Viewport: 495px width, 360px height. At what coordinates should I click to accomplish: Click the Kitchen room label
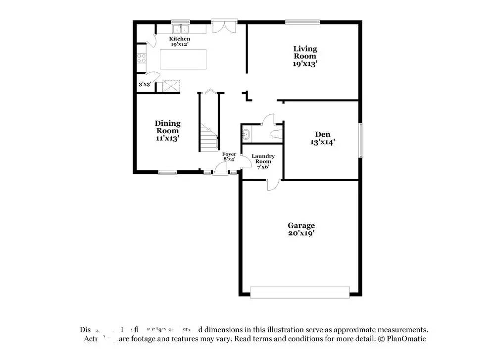[179, 42]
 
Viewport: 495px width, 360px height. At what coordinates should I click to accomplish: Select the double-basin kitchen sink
[181, 28]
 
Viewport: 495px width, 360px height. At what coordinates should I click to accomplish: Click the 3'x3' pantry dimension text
[145, 85]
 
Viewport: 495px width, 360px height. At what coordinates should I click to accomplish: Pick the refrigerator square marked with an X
[171, 87]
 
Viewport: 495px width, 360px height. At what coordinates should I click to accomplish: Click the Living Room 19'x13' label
[305, 56]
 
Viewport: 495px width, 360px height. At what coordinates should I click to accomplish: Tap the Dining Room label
[167, 131]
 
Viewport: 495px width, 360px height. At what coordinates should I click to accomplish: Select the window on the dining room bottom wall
[167, 172]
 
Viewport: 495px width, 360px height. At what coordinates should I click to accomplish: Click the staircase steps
[209, 139]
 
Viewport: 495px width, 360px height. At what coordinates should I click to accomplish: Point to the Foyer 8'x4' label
[229, 157]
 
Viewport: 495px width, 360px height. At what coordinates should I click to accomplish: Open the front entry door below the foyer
[219, 171]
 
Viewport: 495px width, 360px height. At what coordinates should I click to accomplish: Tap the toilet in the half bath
[276, 133]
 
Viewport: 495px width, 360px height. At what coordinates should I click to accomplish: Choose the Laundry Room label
[262, 161]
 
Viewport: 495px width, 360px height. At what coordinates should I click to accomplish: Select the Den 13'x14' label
[322, 138]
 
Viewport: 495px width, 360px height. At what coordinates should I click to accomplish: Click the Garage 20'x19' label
[301, 229]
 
